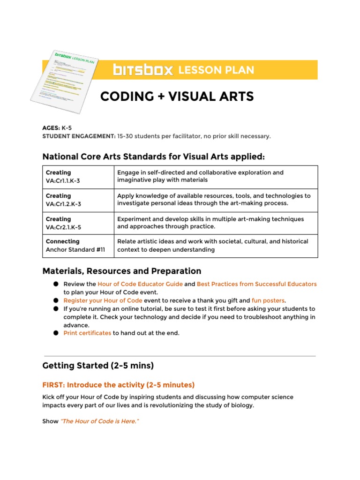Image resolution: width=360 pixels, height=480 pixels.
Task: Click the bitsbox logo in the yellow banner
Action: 143,70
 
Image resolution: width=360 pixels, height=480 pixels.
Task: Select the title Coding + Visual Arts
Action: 177,97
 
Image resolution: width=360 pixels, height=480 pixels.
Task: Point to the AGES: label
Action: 51,128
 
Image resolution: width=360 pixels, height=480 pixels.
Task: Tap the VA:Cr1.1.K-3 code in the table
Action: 62,180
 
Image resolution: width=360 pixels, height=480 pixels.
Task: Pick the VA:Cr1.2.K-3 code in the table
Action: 62,204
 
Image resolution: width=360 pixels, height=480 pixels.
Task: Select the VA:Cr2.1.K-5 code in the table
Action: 62,227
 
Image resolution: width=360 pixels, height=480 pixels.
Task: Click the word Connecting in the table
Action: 62,241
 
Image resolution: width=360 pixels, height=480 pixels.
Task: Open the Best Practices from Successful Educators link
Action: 256,284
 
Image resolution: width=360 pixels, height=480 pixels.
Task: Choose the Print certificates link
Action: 87,333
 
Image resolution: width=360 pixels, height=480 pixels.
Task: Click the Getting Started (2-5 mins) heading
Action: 98,366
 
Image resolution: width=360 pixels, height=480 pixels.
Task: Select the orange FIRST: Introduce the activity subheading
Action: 118,385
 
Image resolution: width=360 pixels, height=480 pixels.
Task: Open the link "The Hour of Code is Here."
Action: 100,421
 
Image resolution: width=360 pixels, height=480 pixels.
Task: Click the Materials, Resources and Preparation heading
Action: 121,271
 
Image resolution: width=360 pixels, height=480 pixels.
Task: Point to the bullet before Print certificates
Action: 56,333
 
